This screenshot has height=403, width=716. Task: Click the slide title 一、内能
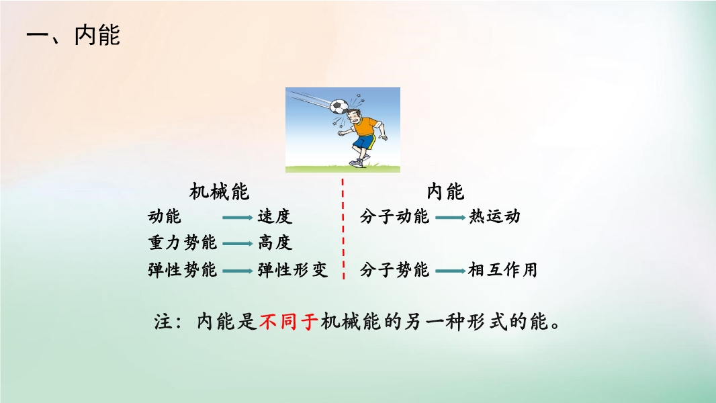click(73, 35)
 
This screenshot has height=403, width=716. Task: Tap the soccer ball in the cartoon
click(339, 106)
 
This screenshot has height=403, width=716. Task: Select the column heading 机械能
click(220, 191)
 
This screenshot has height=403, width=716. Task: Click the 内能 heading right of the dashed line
click(446, 191)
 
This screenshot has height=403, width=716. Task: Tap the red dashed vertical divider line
click(343, 228)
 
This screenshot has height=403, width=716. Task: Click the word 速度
click(275, 216)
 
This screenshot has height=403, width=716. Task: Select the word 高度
click(275, 242)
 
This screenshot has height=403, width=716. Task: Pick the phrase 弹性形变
click(293, 270)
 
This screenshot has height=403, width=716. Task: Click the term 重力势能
click(183, 242)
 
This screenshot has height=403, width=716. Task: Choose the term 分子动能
click(394, 216)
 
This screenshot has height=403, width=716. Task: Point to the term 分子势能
click(394, 270)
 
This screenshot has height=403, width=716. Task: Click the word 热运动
click(494, 216)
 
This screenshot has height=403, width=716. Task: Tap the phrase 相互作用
click(503, 270)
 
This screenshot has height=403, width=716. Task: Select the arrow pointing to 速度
click(238, 217)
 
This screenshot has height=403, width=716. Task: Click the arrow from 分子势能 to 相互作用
click(451, 271)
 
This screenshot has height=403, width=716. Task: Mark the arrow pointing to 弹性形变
click(238, 271)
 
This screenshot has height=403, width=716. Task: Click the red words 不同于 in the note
click(289, 322)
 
